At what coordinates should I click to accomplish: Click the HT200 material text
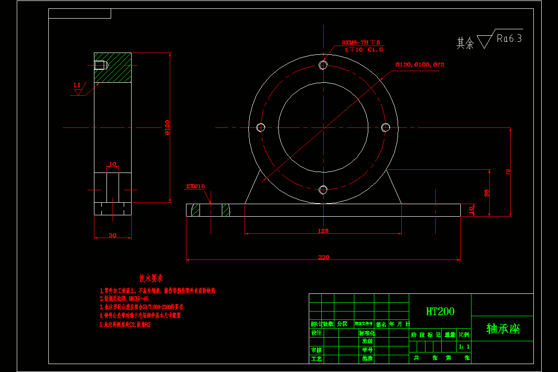pyautogui.click(x=440, y=311)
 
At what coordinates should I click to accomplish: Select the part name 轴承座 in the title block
pyautogui.click(x=503, y=329)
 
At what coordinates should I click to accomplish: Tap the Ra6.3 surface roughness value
pyautogui.click(x=509, y=39)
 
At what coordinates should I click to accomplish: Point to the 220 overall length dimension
pyautogui.click(x=323, y=257)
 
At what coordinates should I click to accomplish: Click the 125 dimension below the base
pyautogui.click(x=323, y=231)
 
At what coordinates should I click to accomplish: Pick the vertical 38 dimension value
pyautogui.click(x=487, y=193)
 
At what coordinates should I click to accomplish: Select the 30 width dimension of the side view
pyautogui.click(x=113, y=235)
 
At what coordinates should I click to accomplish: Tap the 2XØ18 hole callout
pyautogui.click(x=195, y=186)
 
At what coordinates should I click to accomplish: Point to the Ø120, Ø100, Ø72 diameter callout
pyautogui.click(x=419, y=65)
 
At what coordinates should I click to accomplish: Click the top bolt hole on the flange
pyautogui.click(x=324, y=65)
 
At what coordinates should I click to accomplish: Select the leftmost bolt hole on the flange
pyautogui.click(x=261, y=127)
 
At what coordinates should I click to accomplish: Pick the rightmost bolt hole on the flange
pyautogui.click(x=386, y=127)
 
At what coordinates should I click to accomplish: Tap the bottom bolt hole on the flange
pyautogui.click(x=324, y=189)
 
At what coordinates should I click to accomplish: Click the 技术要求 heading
pyautogui.click(x=151, y=279)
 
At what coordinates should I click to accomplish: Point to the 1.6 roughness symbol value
pyautogui.click(x=77, y=85)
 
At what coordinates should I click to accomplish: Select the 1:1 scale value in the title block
pyautogui.click(x=464, y=346)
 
